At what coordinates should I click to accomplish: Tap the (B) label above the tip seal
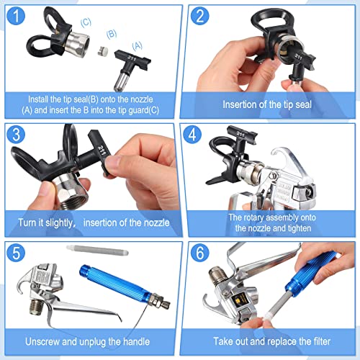(x=112, y=33)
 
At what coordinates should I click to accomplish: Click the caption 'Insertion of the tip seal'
(x=268, y=105)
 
